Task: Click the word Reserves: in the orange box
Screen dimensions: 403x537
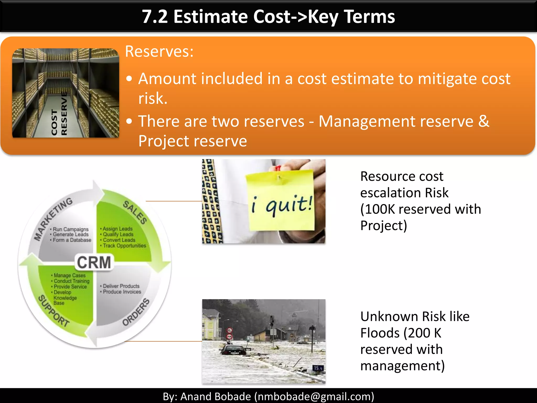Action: click(159, 51)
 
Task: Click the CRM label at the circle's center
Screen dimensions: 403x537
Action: click(94, 262)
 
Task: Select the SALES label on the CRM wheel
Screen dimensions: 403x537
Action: click(135, 212)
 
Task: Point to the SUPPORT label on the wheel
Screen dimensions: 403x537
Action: click(54, 311)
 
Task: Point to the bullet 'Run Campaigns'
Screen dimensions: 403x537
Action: click(71, 229)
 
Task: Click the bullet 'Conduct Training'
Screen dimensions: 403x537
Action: click(71, 281)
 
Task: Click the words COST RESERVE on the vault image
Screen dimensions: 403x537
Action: click(59, 115)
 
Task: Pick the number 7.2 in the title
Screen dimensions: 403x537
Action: click(155, 17)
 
